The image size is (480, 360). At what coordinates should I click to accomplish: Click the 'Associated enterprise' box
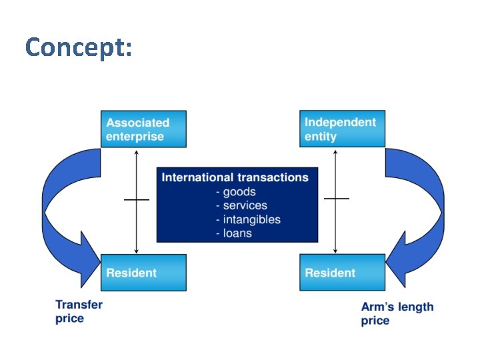pyautogui.click(x=143, y=129)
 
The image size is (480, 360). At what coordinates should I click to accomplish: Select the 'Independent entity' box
pyautogui.click(x=342, y=129)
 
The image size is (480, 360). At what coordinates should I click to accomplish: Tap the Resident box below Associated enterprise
pyautogui.click(x=143, y=272)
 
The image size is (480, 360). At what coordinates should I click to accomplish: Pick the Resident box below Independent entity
pyautogui.click(x=342, y=272)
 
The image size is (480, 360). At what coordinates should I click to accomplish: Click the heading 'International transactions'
pyautogui.click(x=235, y=177)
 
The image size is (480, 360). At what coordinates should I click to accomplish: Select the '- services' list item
pyautogui.click(x=241, y=206)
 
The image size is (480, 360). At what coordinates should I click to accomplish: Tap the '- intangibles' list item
pyautogui.click(x=247, y=219)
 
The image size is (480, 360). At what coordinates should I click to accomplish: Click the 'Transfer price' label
pyautogui.click(x=79, y=311)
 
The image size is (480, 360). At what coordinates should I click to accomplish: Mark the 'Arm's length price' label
pyautogui.click(x=397, y=314)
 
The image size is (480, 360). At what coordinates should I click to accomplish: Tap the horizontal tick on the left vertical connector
pyautogui.click(x=137, y=199)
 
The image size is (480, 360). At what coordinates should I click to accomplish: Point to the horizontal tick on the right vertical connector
pyautogui.click(x=336, y=199)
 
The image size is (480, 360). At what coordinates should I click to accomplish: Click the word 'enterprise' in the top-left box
pyautogui.click(x=135, y=137)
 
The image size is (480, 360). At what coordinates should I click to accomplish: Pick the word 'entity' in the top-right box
pyautogui.click(x=321, y=137)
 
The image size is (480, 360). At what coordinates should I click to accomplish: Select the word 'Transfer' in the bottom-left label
pyautogui.click(x=79, y=305)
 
